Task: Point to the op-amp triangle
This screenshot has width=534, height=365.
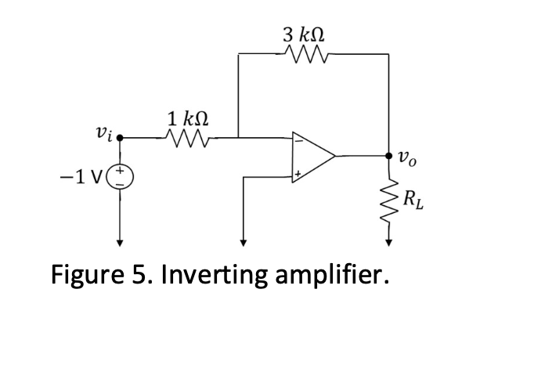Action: [312, 157]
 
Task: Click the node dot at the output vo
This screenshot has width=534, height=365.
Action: [389, 156]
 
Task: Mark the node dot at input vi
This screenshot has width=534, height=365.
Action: [120, 139]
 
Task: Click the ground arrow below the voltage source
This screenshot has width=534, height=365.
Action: [120, 240]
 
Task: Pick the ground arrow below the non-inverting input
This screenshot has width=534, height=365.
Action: [244, 240]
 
